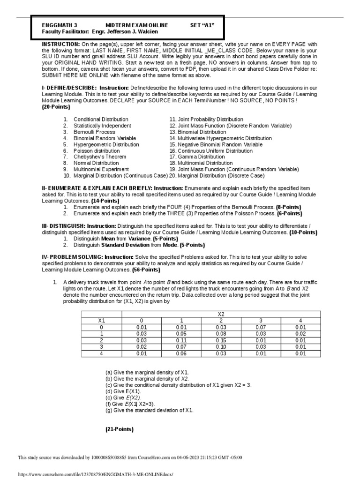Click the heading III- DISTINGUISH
63,225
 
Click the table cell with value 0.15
221,340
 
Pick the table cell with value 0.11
181,340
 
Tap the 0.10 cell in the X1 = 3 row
221,347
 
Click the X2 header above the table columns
221,314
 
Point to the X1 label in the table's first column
101,320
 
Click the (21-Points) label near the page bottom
119,429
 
